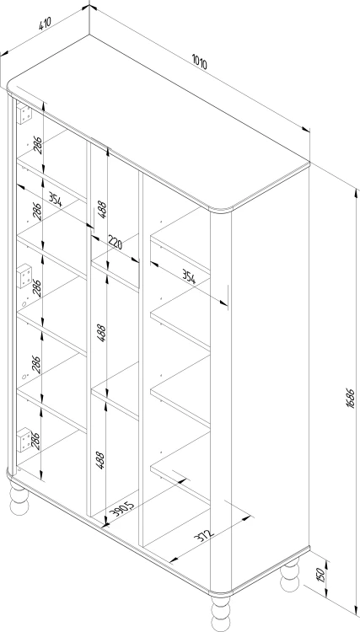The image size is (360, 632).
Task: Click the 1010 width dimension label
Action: coord(200,63)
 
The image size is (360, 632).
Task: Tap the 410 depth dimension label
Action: coord(45,24)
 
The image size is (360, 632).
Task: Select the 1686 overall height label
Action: coord(350,399)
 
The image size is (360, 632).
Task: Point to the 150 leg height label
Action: coord(321,573)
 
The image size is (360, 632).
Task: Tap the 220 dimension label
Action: coord(115,242)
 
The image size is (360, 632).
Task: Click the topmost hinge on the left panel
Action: coord(24,113)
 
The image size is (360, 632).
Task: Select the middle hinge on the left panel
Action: coord(24,276)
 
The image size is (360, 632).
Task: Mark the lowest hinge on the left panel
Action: coord(24,439)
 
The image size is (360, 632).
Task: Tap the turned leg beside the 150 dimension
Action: coord(290,576)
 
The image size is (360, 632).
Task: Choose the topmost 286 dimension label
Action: coord(37,145)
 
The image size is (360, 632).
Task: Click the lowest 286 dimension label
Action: coord(35,441)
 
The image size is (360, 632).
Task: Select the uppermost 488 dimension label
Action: coord(102,210)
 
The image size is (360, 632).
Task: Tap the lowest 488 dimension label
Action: coord(100,460)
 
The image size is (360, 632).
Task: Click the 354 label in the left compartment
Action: coord(56,199)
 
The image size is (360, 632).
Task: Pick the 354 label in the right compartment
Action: coord(188,277)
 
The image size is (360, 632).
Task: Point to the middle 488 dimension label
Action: coord(101,333)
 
